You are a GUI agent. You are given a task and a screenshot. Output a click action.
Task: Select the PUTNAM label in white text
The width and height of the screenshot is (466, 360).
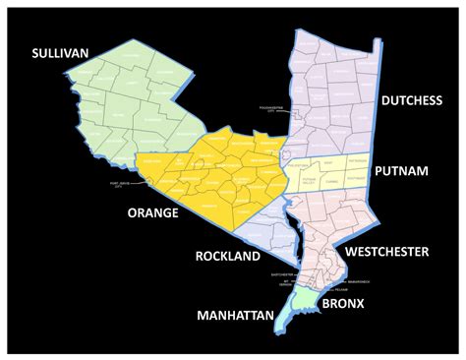401,171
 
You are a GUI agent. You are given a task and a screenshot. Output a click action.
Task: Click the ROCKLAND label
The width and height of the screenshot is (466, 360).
226,256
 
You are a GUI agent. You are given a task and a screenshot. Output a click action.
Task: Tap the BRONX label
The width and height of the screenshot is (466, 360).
339,305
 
